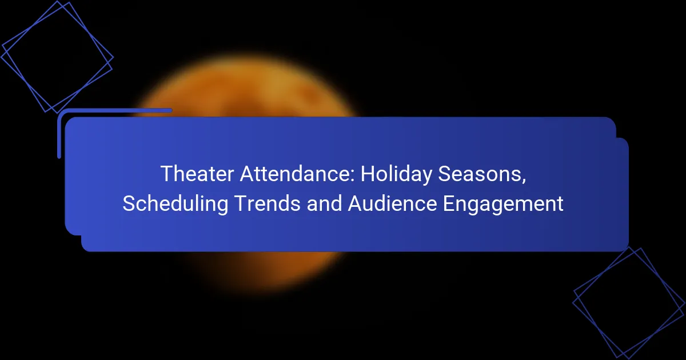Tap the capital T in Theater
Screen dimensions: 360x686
pyautogui.click(x=166, y=174)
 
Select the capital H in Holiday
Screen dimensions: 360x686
pyautogui.click(x=372, y=174)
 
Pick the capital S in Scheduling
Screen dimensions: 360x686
pyautogui.click(x=128, y=204)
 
